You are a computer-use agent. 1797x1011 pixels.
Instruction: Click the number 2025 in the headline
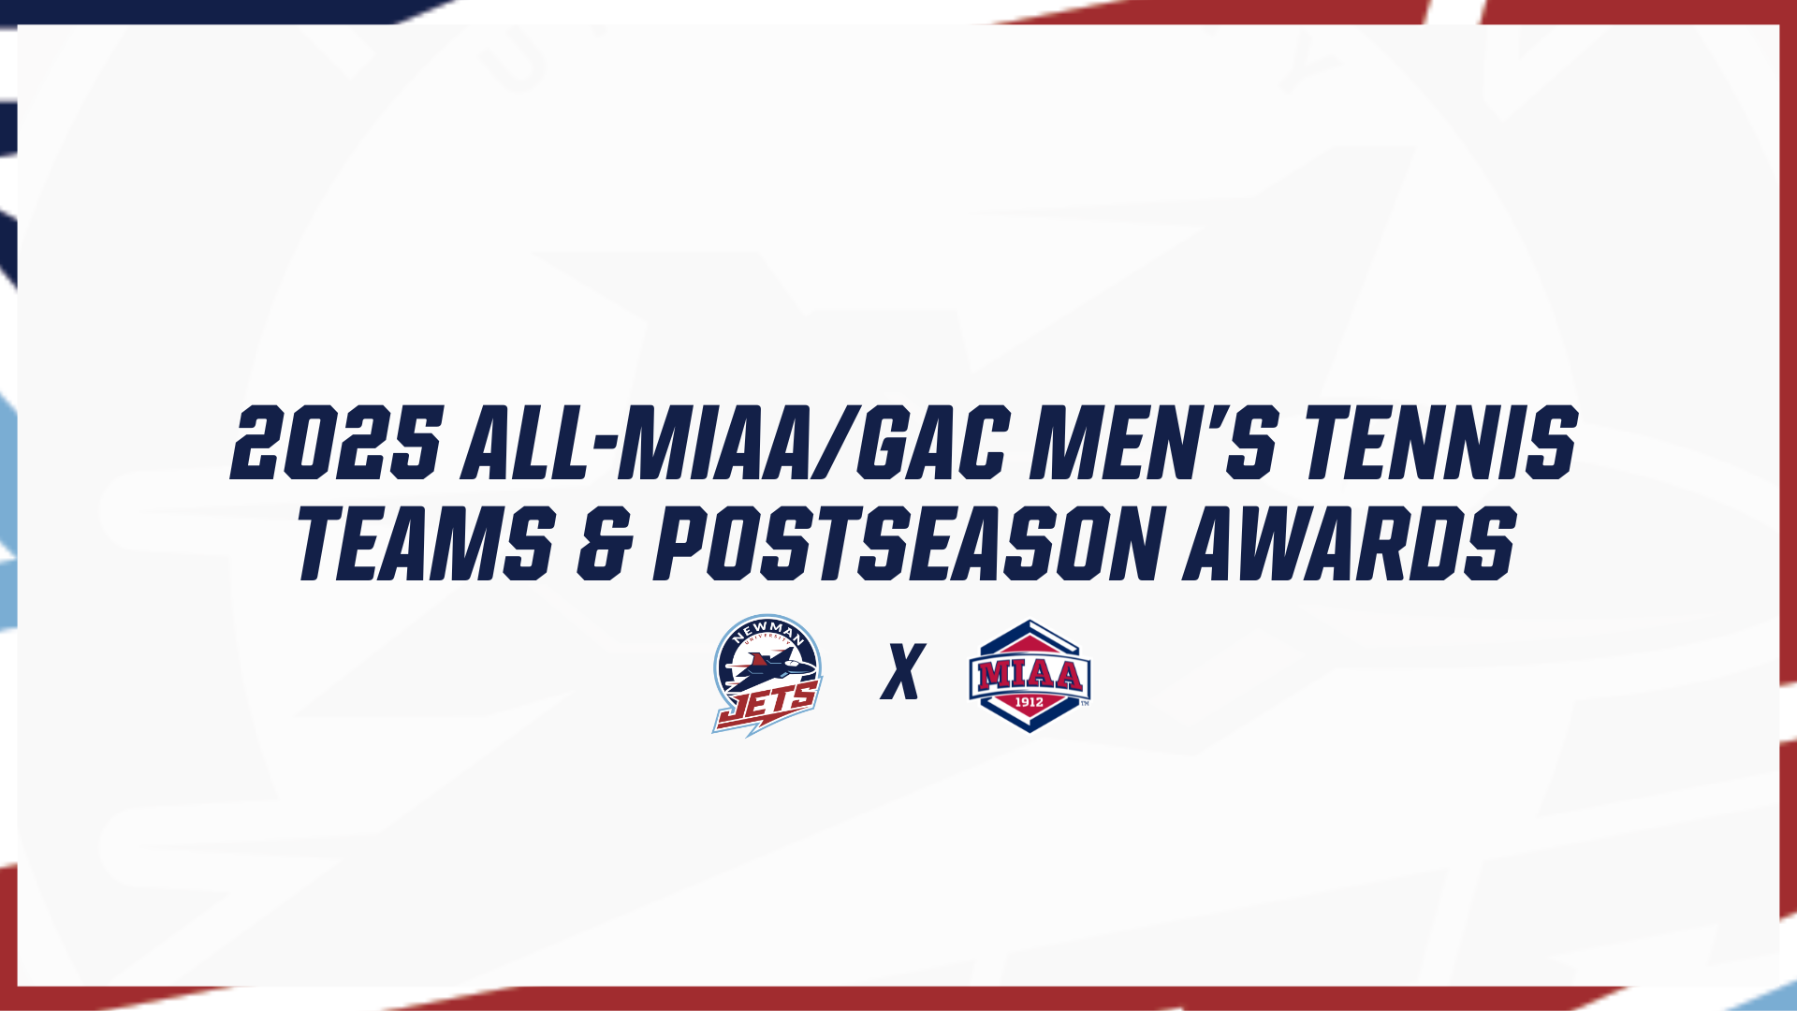336,444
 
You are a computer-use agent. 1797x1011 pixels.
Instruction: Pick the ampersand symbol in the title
603,543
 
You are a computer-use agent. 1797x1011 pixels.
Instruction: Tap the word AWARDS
1349,542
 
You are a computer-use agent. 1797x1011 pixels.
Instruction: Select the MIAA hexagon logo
1030,675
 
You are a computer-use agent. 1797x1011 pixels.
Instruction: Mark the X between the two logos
902,671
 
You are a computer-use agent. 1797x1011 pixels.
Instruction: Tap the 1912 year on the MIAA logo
1030,702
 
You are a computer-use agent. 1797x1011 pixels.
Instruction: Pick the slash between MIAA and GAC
836,444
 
